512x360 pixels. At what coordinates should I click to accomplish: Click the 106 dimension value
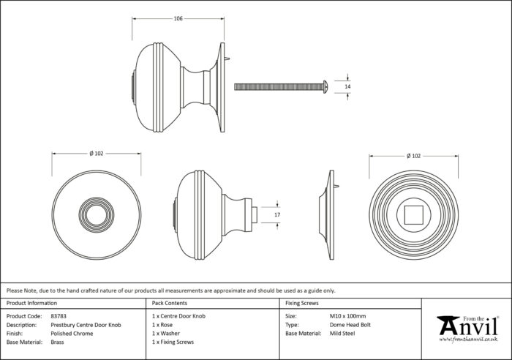point(178,18)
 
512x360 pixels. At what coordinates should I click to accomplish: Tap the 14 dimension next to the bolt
point(347,86)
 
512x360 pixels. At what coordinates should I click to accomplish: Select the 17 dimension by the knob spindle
point(277,214)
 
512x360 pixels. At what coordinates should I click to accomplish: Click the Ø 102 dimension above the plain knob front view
point(97,153)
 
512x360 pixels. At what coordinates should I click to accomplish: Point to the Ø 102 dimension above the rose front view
point(414,156)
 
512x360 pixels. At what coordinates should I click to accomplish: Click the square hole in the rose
point(414,215)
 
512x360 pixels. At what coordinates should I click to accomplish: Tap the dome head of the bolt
point(325,87)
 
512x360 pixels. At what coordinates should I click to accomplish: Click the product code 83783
point(59,316)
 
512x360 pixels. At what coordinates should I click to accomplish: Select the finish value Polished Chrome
point(72,334)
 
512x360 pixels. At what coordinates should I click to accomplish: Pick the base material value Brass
point(57,342)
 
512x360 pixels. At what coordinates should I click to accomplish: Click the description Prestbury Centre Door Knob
point(86,325)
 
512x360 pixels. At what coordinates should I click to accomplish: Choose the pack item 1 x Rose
point(162,325)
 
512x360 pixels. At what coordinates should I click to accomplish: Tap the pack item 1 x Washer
point(165,333)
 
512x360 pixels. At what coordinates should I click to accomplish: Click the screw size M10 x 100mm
point(347,316)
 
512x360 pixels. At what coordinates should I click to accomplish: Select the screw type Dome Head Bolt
point(350,325)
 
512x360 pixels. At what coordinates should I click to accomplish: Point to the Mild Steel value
point(342,333)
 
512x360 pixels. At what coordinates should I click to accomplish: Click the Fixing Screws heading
point(301,303)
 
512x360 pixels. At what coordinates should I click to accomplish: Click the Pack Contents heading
point(170,303)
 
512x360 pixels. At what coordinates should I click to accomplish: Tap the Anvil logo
point(467,326)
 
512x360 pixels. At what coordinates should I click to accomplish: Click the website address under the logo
point(468,340)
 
